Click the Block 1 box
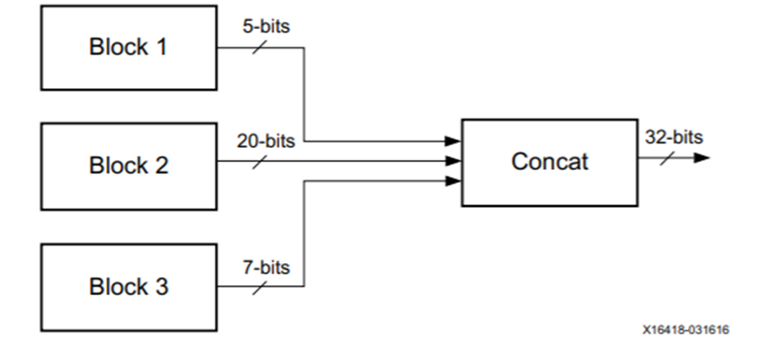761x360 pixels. click(x=128, y=48)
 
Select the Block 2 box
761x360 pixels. click(x=128, y=165)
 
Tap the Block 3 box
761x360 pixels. click(x=128, y=287)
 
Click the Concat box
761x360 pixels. click(x=550, y=162)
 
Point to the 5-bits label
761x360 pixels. click(x=266, y=26)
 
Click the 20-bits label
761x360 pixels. click(x=266, y=140)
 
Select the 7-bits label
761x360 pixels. click(x=266, y=266)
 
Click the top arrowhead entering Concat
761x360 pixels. click(x=453, y=141)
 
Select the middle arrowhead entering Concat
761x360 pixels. click(x=453, y=161)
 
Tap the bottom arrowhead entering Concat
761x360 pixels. click(x=453, y=181)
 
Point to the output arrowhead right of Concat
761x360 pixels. click(x=701, y=158)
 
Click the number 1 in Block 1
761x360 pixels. click(x=160, y=48)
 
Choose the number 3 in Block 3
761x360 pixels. click(x=160, y=287)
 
